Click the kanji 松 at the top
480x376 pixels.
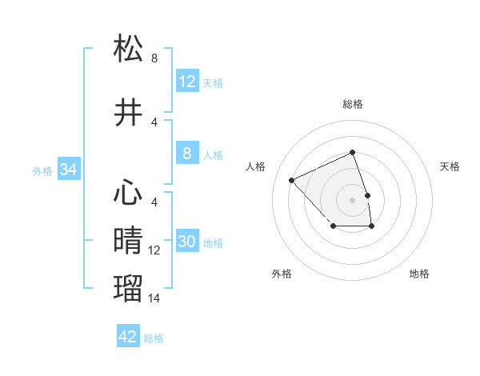pos(129,49)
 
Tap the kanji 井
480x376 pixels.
pos(129,113)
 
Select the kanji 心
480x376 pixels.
pos(129,193)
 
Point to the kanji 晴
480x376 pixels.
pos(129,241)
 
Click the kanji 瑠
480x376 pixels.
pos(129,287)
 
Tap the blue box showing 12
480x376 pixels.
pos(187,81)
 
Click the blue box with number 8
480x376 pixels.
pos(187,154)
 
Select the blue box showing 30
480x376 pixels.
pos(187,242)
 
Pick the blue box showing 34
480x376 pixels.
pos(68,170)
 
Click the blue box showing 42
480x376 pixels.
pos(128,337)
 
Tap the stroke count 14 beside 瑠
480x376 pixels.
pos(154,298)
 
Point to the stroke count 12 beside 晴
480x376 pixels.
pos(154,250)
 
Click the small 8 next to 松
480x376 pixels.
pos(154,58)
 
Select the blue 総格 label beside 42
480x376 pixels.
pos(154,338)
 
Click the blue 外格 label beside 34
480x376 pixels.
pos(42,170)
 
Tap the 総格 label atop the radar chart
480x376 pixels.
pos(352,104)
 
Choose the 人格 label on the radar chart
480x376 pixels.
pos(256,166)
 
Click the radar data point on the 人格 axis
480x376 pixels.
pos(292,180)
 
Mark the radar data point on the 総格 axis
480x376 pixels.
pos(352,153)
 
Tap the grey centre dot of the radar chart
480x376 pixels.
pos(352,199)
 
